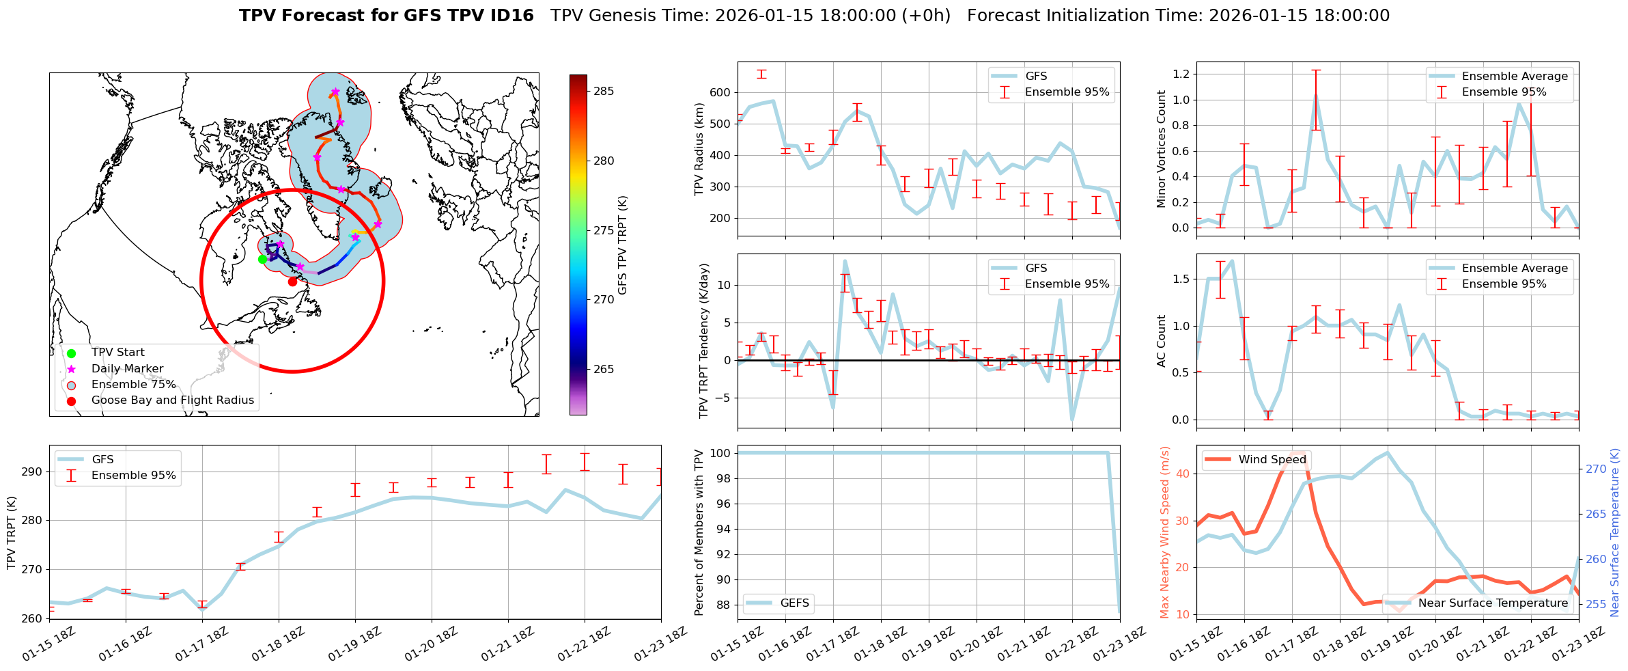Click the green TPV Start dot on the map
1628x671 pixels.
262,259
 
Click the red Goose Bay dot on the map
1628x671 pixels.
292,282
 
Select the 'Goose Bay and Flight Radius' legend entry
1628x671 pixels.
172,400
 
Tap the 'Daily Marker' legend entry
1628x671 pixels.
127,369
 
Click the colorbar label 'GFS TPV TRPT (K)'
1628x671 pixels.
622,245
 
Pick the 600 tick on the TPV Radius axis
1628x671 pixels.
721,92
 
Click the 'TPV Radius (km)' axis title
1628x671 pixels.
699,149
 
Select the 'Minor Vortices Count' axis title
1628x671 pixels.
1161,149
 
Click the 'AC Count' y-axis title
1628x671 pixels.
1161,341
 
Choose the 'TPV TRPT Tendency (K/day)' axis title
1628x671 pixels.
704,341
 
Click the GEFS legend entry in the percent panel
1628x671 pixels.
794,603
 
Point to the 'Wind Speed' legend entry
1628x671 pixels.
1272,460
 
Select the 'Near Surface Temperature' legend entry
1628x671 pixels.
1493,603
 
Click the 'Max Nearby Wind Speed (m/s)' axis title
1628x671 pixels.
1165,532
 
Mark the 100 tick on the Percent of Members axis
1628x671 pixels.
721,453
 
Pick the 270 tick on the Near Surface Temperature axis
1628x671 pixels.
1596,469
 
